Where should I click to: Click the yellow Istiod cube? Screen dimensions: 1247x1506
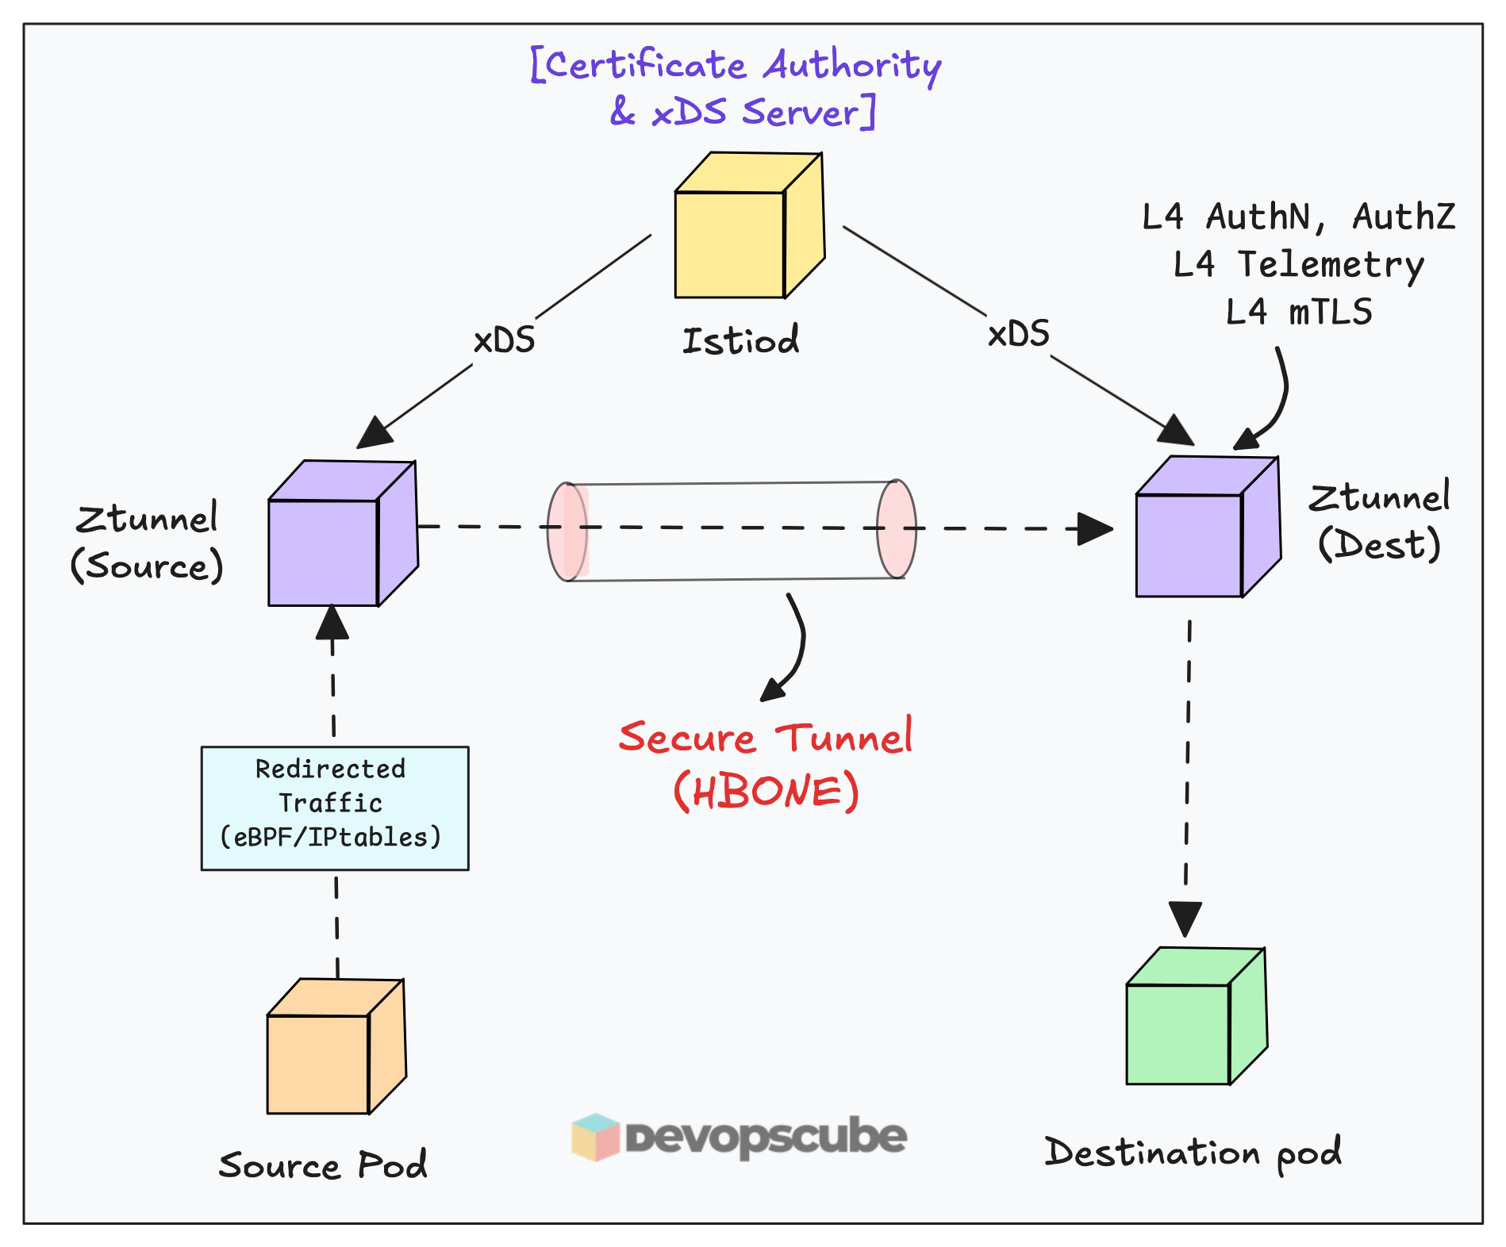[746, 230]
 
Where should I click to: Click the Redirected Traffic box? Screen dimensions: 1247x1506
[334, 808]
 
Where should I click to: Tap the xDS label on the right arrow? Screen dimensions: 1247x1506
[1018, 334]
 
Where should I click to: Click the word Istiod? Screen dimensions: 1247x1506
[740, 341]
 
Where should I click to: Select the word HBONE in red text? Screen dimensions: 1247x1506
[766, 792]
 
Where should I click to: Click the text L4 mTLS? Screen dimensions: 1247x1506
[1298, 313]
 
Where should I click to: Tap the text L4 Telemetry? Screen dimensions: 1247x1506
[1298, 265]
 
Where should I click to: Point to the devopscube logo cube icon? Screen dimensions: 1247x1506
[595, 1137]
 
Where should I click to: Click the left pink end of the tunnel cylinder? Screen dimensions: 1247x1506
[567, 531]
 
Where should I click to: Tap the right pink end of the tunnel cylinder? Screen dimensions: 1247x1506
[897, 529]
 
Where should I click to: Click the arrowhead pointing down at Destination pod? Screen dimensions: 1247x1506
[1185, 918]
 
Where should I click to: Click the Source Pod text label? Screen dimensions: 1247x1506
[323, 1165]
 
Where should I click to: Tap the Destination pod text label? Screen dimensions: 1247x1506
[1192, 1153]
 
